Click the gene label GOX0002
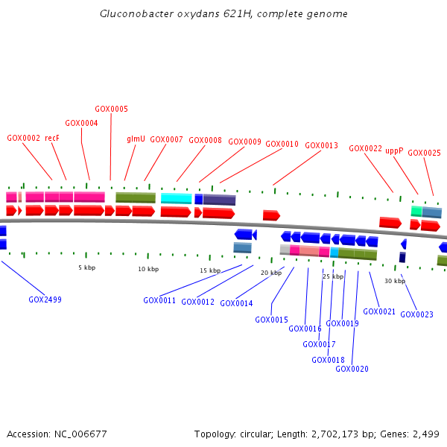pyautogui.click(x=24, y=138)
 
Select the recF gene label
pyautogui.click(x=52, y=138)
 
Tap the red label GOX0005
pyautogui.click(x=111, y=109)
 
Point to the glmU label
pyautogui.click(x=136, y=139)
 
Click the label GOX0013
pyautogui.click(x=322, y=145)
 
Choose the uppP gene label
pyautogui.click(x=394, y=150)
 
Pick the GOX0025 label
pyautogui.click(x=424, y=153)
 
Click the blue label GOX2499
pyautogui.click(x=45, y=299)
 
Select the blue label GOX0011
pyautogui.click(x=159, y=301)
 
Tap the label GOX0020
pyautogui.click(x=352, y=369)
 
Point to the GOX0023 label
pyautogui.click(x=416, y=314)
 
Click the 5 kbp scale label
pyautogui.click(x=87, y=267)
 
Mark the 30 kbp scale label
pyautogui.click(x=395, y=281)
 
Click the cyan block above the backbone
pyautogui.click(x=176, y=198)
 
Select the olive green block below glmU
pyautogui.click(x=136, y=197)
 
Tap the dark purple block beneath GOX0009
pyautogui.click(x=219, y=200)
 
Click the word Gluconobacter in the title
pyautogui.click(x=134, y=14)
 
